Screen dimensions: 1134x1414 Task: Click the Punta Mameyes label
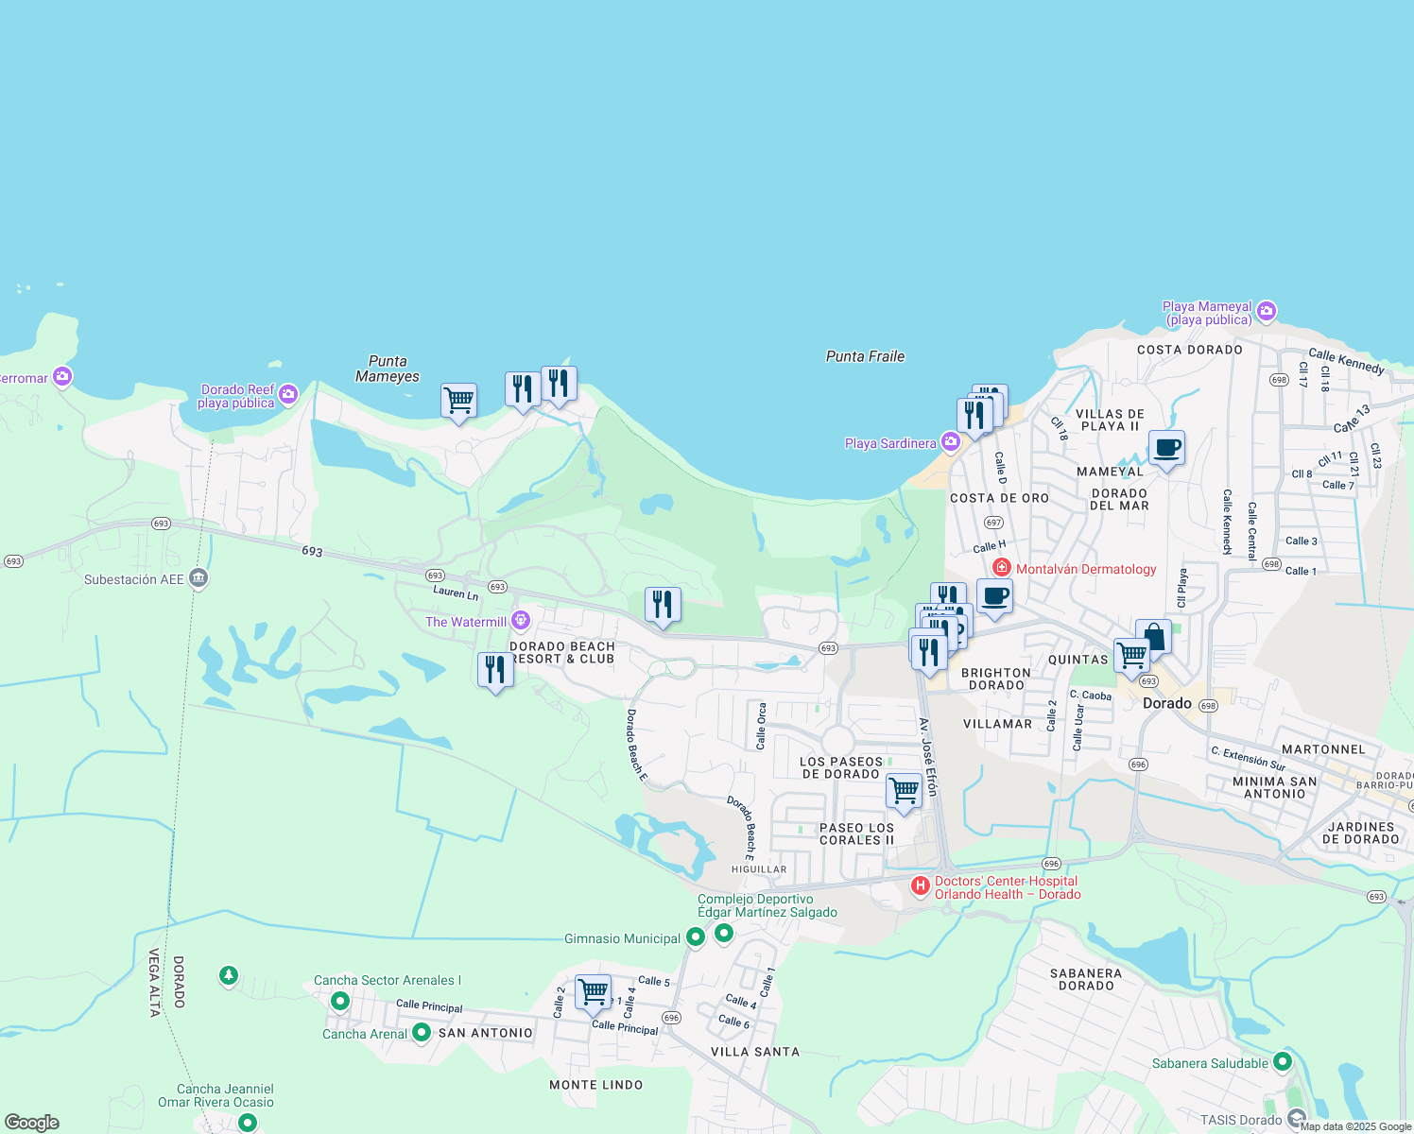388,369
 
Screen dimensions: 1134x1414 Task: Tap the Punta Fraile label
865,356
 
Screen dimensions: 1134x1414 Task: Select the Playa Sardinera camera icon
950,442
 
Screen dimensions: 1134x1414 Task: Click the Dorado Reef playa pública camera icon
288,394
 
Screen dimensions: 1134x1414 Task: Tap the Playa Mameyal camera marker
1267,311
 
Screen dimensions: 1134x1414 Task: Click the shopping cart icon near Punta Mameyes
458,400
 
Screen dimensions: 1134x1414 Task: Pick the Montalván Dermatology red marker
1001,568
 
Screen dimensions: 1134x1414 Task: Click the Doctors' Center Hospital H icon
920,886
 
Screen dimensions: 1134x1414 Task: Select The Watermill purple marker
520,621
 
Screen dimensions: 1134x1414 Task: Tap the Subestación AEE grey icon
198,578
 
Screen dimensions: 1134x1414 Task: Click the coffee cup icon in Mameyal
1166,448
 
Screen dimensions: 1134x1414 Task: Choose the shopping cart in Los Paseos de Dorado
904,790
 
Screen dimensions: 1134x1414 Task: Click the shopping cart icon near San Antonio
593,991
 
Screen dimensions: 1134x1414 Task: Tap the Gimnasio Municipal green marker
695,937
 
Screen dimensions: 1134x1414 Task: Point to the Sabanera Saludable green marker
1282,1062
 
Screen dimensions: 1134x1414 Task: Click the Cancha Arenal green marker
422,1034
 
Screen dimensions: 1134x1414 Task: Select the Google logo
32,1123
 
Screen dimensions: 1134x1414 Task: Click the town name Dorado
1166,703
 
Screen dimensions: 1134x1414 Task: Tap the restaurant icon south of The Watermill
495,669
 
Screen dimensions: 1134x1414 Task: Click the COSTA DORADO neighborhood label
1189,350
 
